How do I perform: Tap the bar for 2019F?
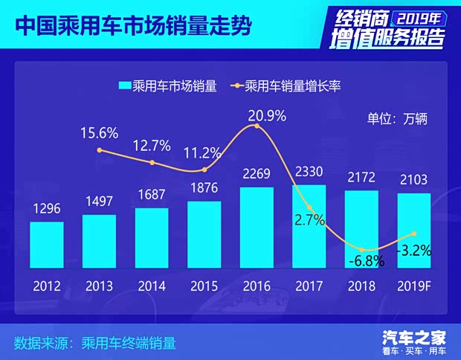tap(414, 230)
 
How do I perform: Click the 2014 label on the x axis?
tap(152, 285)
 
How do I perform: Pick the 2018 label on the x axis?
tap(362, 285)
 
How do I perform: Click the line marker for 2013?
tap(100, 150)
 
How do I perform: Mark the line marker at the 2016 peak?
tap(257, 126)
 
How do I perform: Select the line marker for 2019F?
tap(414, 234)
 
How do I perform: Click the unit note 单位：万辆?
tap(398, 118)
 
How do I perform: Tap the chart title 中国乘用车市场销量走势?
tap(132, 27)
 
